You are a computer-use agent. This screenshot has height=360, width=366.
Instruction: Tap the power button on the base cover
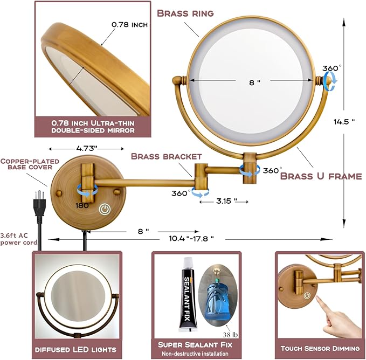tap(105, 209)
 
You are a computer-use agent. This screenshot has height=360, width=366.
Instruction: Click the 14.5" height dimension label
tap(344, 122)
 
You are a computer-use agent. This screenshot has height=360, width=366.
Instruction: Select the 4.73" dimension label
tap(86, 148)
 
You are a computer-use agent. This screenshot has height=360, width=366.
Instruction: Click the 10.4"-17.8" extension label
tap(191, 239)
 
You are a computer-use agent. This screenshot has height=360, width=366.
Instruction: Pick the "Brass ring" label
tap(185, 13)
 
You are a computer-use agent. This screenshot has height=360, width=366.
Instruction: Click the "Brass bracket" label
tap(167, 156)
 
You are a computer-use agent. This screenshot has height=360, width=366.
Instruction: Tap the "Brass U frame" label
tap(321, 176)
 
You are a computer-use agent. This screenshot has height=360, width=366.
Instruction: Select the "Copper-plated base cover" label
tap(30, 164)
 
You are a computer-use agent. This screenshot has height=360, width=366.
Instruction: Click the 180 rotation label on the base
tap(82, 205)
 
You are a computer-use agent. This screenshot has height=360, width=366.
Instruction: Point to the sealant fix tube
tap(188, 294)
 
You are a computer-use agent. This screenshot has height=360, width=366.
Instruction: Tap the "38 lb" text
tap(230, 335)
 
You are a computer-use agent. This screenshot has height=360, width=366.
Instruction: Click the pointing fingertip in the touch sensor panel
tap(318, 298)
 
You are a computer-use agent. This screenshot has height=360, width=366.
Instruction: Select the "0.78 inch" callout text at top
tap(129, 24)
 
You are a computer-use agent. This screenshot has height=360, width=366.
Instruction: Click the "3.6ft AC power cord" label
tap(19, 239)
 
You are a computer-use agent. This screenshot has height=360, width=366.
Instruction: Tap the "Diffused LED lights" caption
tap(75, 350)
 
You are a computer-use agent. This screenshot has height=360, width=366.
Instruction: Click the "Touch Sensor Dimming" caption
tap(320, 349)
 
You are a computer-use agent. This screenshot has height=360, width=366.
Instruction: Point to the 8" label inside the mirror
tap(254, 82)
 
